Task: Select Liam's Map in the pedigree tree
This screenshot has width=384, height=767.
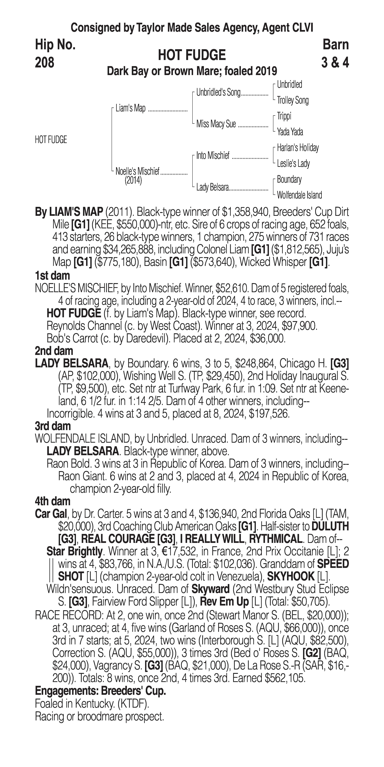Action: click(x=130, y=108)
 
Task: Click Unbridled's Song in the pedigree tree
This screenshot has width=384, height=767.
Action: click(x=218, y=93)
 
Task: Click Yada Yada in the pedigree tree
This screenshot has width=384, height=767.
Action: click(x=290, y=132)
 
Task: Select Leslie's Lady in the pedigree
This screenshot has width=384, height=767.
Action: click(x=293, y=163)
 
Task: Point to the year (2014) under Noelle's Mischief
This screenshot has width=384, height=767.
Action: click(x=133, y=180)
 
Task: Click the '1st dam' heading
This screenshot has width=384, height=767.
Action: click(x=52, y=276)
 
